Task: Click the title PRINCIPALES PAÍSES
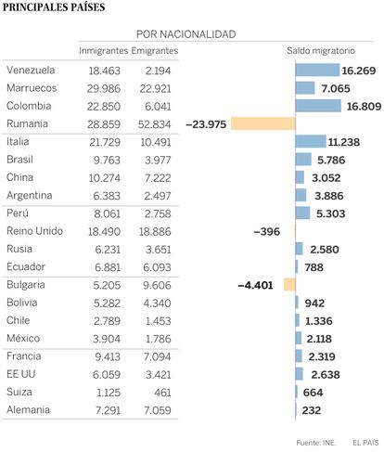point(54,7)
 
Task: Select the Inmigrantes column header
point(104,51)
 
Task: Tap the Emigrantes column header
point(155,51)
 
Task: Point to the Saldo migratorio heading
point(321,51)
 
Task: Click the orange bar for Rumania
point(263,123)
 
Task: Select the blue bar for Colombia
point(318,106)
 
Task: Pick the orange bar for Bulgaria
point(289,285)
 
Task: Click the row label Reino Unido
point(34,231)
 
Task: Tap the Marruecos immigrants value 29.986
point(104,89)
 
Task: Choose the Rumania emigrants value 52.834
point(154,124)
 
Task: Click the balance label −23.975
point(206,124)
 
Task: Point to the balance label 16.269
point(359,71)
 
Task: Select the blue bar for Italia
point(311,142)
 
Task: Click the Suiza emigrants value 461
point(162,393)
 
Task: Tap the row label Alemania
point(28,410)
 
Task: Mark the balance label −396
point(267,232)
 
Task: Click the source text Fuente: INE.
point(316,443)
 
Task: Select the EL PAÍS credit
point(365,443)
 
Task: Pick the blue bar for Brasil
point(303,160)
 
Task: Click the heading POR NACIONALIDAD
point(186,34)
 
